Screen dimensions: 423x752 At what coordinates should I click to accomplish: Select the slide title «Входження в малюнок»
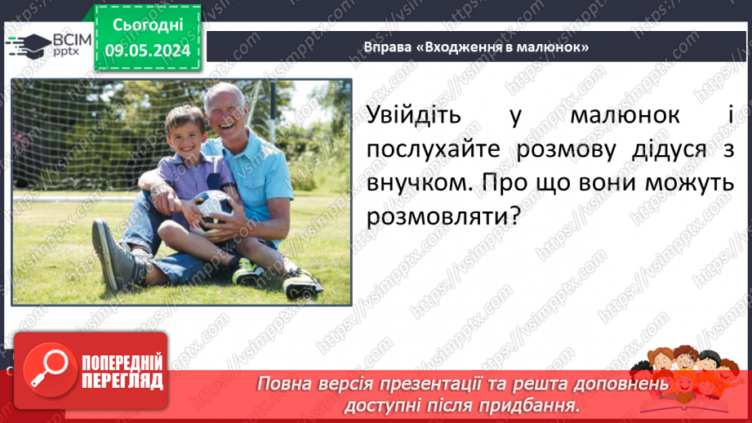[478, 47]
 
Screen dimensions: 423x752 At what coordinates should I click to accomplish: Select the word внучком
[416, 185]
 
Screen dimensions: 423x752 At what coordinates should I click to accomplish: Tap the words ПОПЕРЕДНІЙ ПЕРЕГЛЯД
[122, 372]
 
